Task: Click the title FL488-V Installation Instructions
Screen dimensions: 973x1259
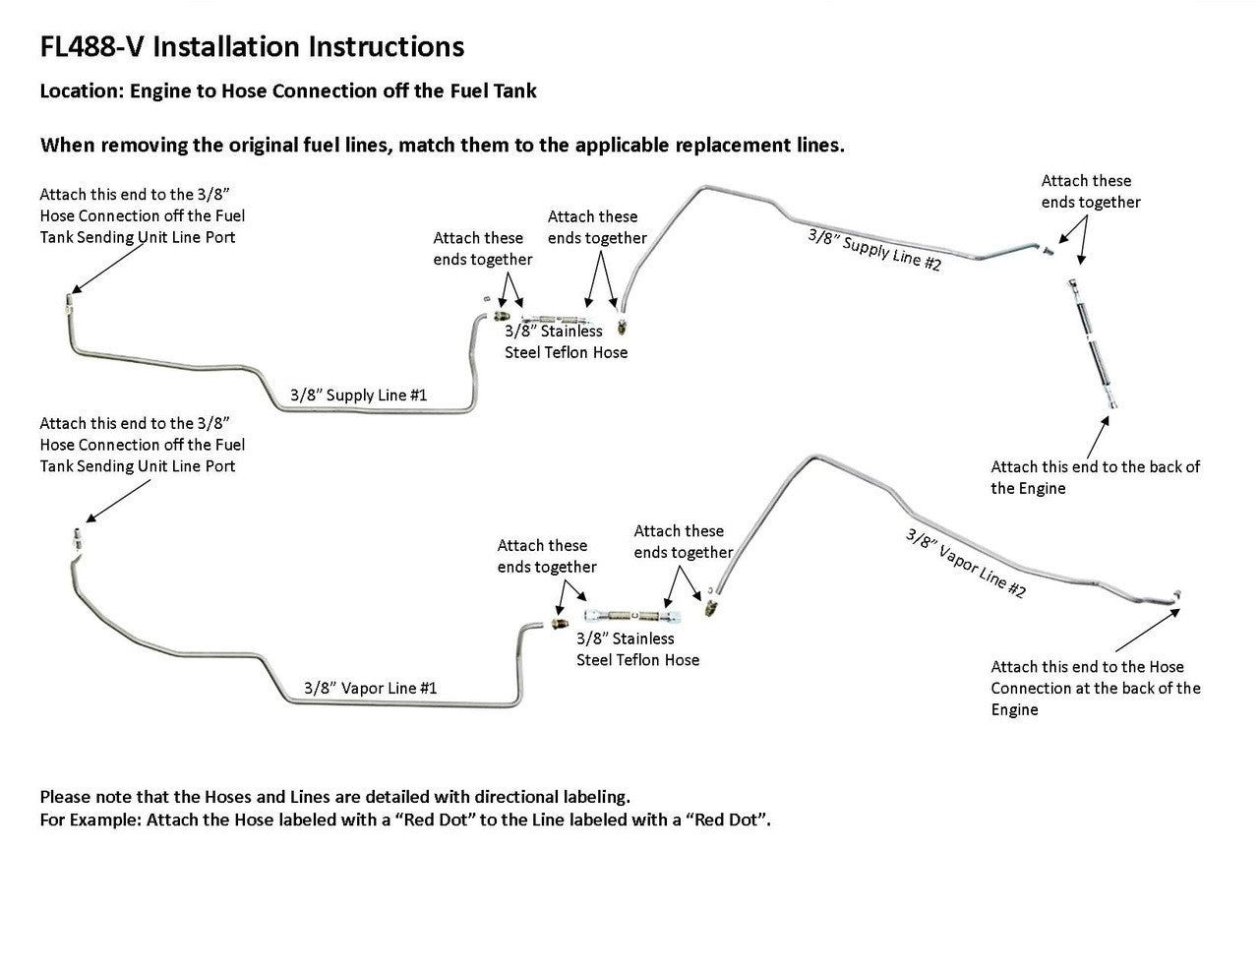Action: pos(252,46)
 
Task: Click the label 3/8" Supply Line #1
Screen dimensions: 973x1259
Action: pos(358,395)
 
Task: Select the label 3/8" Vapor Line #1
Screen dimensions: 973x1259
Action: pos(370,688)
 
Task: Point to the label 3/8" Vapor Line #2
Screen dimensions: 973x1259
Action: pos(965,563)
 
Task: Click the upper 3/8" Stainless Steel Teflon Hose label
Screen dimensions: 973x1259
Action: pos(566,341)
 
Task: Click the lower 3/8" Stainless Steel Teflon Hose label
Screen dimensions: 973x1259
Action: pos(637,649)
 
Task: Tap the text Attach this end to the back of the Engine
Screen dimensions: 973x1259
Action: pos(1095,477)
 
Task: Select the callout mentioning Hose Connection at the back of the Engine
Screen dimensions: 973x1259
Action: pos(1095,688)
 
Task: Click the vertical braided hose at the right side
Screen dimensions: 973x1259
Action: pos(1091,339)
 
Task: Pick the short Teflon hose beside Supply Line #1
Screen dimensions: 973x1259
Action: pos(551,318)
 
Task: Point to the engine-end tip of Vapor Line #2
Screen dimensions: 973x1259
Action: pos(1176,593)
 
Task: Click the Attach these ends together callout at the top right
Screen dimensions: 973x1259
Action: pos(1090,191)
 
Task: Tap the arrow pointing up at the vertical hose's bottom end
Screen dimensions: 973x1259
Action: pos(1101,432)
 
